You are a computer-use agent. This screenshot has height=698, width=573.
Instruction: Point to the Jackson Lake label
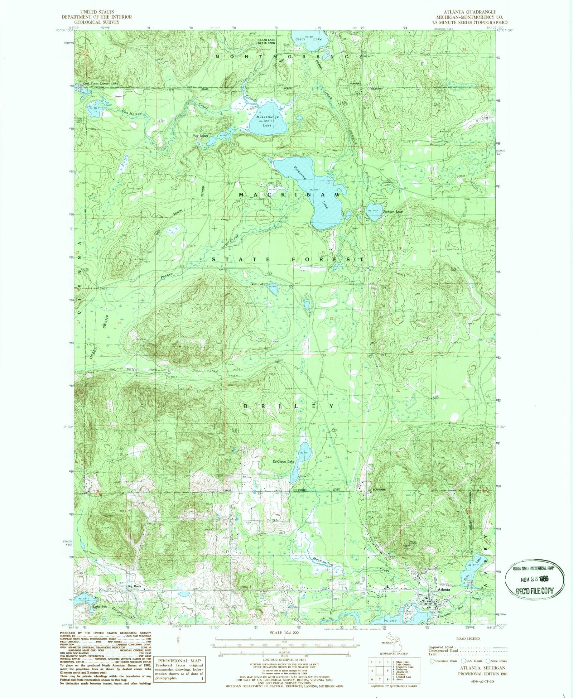coord(393,212)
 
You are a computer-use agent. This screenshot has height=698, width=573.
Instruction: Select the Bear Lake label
coord(257,284)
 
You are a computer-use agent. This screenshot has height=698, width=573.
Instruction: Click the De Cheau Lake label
coord(283,462)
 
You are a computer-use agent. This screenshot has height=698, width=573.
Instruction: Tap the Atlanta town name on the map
coord(444,589)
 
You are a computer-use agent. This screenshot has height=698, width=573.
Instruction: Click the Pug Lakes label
coord(200,136)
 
